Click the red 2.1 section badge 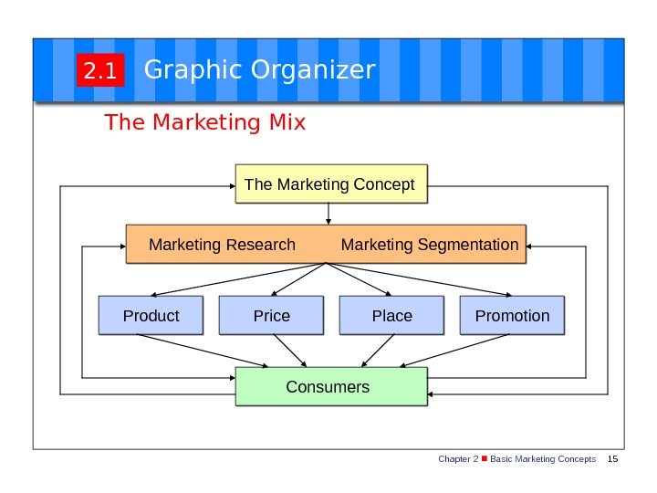(99, 71)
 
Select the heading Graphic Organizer (259, 69)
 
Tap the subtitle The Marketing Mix (205, 121)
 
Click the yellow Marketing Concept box (330, 184)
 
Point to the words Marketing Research (222, 245)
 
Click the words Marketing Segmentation (429, 245)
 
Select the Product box (151, 316)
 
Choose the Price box (272, 316)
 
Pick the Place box (391, 316)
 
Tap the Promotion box (512, 316)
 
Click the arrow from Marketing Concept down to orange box (328, 213)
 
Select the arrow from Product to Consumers (205, 351)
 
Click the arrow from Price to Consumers (289, 351)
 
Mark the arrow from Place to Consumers (374, 351)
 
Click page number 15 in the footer (612, 458)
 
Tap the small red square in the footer (485, 458)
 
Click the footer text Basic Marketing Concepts (543, 458)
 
